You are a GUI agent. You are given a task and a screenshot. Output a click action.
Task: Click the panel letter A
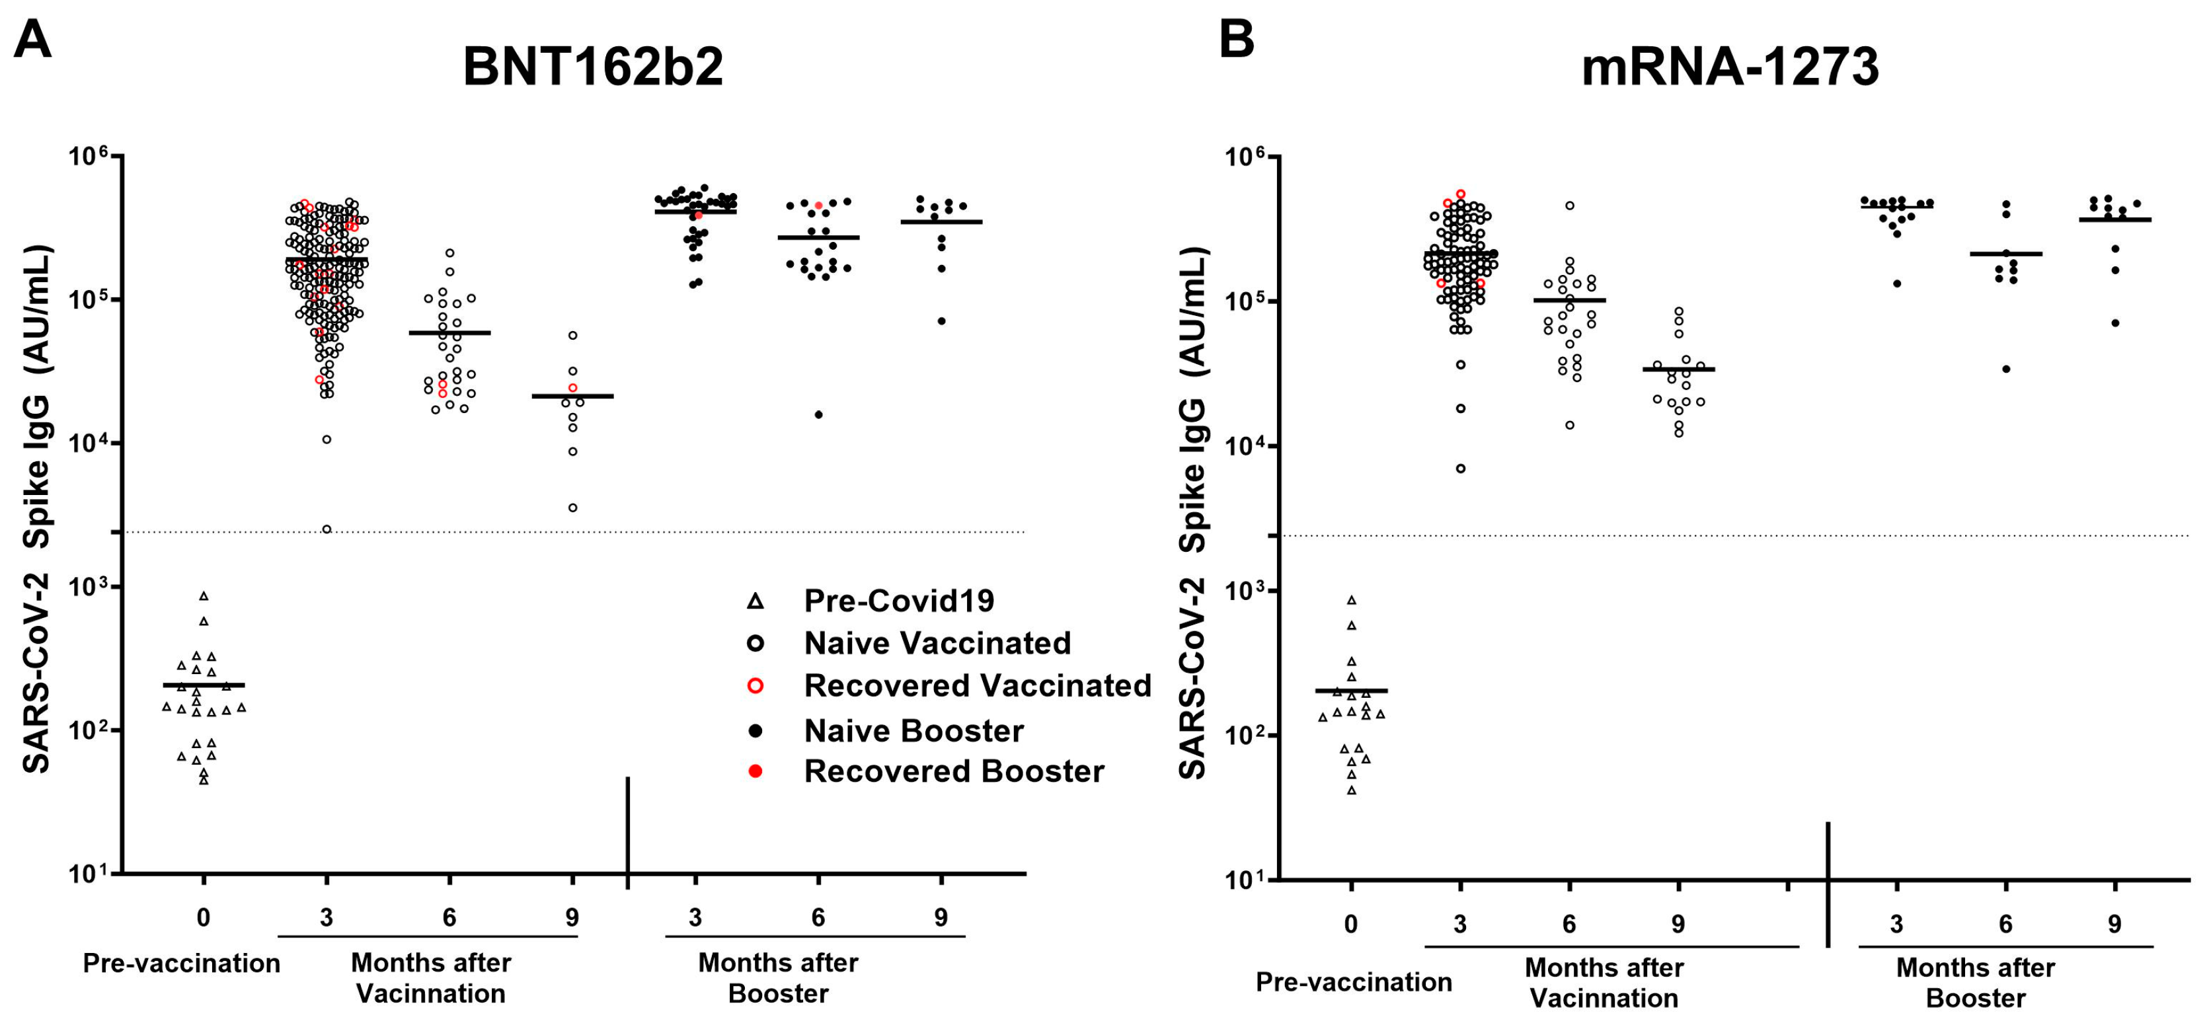coord(32,40)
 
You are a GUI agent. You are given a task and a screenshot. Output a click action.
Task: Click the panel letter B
coord(1237,40)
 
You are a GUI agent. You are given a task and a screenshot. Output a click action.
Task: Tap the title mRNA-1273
coord(1730,67)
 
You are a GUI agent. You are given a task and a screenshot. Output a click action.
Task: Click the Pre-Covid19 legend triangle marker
coord(755,601)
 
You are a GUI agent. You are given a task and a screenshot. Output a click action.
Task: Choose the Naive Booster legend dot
coord(756,730)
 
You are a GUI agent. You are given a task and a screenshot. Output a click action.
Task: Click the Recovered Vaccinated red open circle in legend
coord(756,686)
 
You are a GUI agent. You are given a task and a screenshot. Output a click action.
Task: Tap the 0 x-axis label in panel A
coord(203,917)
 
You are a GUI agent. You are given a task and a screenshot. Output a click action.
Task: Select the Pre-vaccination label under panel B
coord(1353,982)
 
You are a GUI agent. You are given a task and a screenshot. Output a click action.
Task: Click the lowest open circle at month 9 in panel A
coord(573,508)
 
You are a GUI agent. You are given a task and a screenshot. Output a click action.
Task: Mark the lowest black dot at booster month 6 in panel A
coord(818,414)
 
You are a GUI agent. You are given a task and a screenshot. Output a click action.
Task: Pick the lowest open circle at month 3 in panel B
coord(1460,468)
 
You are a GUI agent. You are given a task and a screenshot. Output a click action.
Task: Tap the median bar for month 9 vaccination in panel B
coord(1678,369)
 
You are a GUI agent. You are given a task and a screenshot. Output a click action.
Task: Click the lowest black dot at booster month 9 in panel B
coord(2114,323)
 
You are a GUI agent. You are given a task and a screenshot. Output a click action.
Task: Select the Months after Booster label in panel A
coord(778,977)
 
